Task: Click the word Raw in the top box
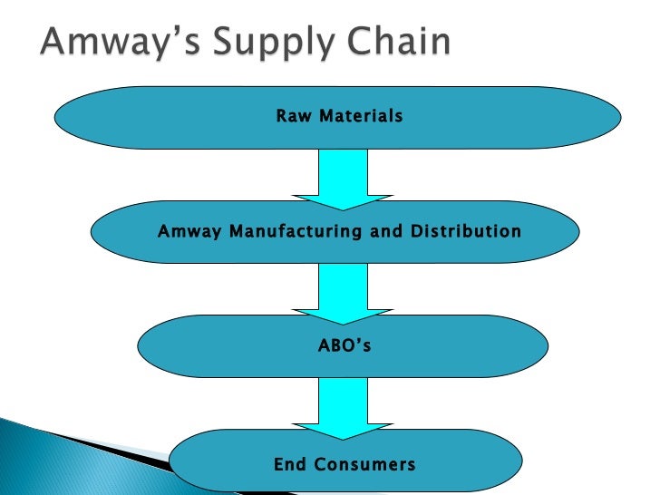click(x=292, y=116)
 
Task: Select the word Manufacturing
click(x=296, y=231)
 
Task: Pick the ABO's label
click(x=343, y=345)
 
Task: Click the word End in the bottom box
click(x=289, y=465)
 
